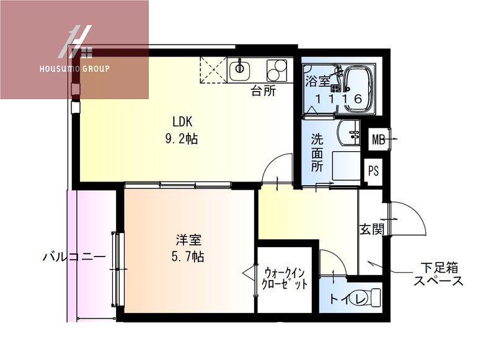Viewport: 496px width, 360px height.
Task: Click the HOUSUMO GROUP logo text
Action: click(75, 69)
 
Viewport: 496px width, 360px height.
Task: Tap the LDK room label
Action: click(182, 121)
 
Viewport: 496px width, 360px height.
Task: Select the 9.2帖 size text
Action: click(182, 139)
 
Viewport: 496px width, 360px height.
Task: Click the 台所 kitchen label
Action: click(263, 92)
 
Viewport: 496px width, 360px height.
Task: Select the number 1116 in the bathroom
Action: click(338, 99)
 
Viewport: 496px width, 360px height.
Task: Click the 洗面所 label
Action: click(317, 153)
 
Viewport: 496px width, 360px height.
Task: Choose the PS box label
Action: click(373, 170)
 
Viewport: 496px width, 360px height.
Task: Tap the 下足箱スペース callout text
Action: click(439, 274)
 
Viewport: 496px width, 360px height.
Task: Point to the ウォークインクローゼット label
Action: click(286, 279)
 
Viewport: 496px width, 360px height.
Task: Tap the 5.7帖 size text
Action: click(188, 256)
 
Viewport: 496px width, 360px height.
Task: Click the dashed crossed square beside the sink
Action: click(213, 69)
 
